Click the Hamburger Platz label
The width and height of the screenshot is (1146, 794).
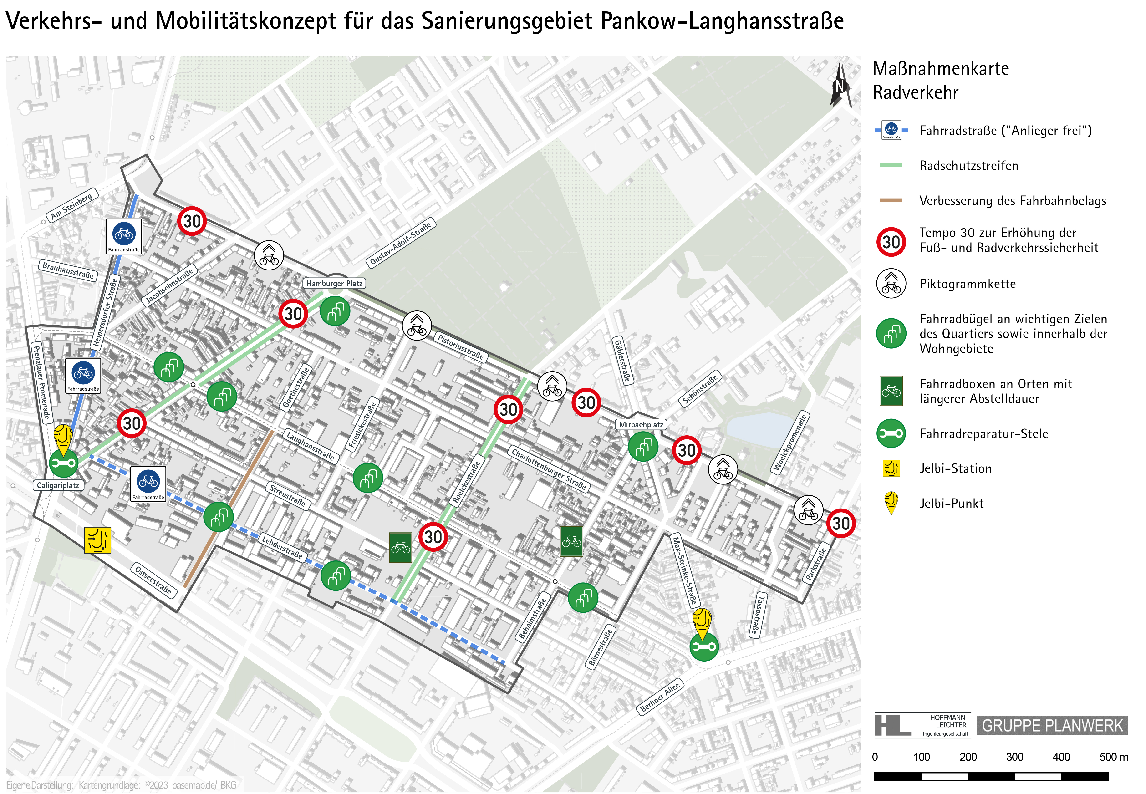click(334, 284)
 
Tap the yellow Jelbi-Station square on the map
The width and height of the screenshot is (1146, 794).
click(97, 540)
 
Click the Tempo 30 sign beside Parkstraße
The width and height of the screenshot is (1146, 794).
click(840, 523)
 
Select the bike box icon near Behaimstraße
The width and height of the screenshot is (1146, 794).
click(571, 541)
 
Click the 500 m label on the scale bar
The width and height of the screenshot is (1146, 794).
click(1113, 757)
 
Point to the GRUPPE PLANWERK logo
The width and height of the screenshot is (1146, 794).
click(1052, 725)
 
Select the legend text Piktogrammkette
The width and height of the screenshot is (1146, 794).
click(968, 284)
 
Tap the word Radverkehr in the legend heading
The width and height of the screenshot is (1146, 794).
click(915, 92)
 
